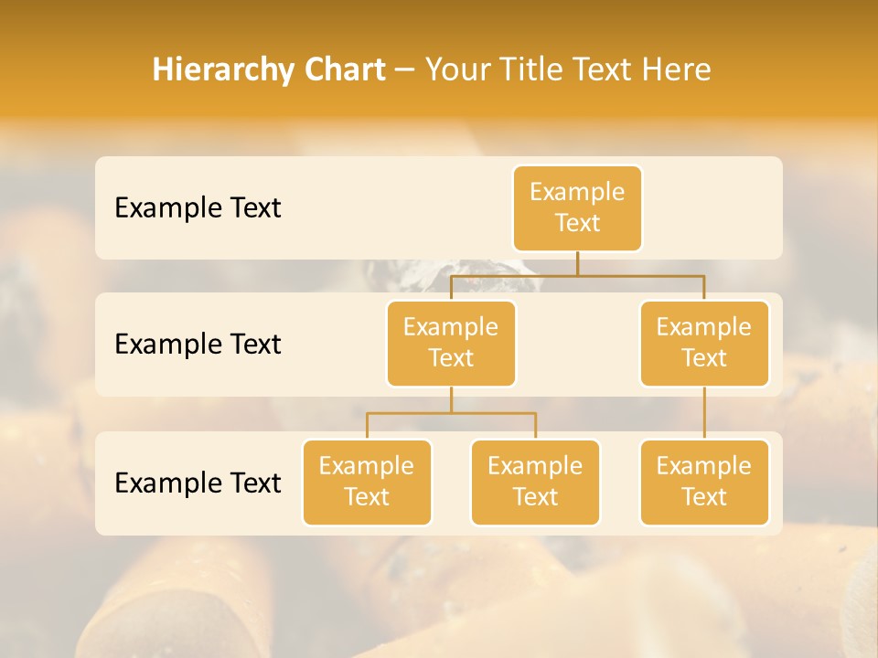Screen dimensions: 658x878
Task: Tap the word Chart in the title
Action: coord(340,69)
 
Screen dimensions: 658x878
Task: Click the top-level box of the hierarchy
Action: coord(577,207)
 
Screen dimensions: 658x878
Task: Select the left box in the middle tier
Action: coord(451,343)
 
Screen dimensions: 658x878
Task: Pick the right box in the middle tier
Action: coord(704,343)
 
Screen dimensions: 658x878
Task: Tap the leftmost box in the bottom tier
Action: coord(367,482)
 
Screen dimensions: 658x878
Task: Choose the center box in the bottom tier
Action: coord(535,482)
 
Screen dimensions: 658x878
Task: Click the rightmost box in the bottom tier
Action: coord(704,482)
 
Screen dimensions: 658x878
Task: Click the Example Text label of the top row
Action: coord(198,208)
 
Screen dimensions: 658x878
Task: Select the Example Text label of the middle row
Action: coord(198,345)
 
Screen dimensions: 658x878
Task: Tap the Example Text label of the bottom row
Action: coord(198,483)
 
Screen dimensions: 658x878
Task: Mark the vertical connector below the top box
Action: coord(577,263)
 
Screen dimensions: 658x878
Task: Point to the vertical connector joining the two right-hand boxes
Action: coord(704,413)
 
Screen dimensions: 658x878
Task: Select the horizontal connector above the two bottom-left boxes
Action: coord(451,413)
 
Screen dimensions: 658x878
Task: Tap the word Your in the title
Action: coord(455,69)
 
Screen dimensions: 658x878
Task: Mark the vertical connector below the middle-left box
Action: coord(451,399)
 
